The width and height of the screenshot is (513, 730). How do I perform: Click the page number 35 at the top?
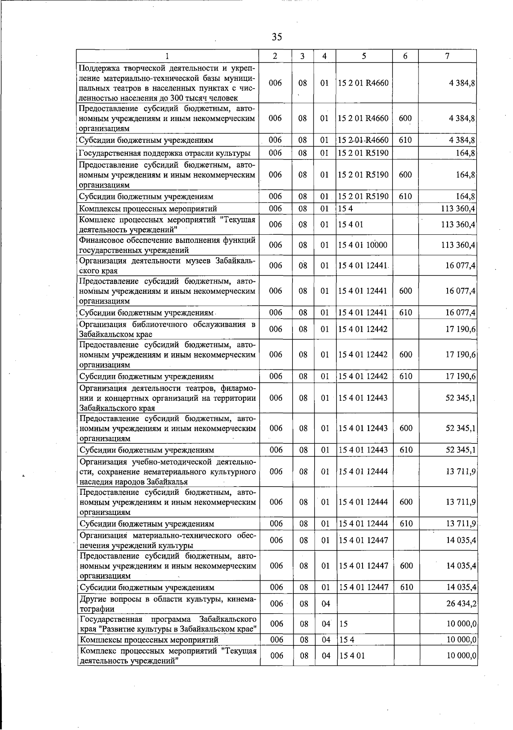pos(277,37)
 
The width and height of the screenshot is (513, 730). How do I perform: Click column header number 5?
pos(363,56)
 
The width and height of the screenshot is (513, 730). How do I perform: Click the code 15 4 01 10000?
pos(363,245)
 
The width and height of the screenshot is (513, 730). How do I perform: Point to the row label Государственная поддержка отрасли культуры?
pos(165,153)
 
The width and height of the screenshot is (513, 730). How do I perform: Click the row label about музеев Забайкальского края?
pos(167,266)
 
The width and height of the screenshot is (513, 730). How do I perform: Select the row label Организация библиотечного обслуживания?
pos(167,329)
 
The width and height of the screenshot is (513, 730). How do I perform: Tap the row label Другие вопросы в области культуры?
pos(167,603)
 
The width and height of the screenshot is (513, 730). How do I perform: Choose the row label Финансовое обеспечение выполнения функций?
pos(167,245)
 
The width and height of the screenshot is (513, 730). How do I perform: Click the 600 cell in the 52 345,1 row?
pos(406,428)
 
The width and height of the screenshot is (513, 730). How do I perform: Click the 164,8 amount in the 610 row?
pos(466,197)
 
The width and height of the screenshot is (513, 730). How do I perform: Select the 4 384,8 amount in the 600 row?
pos(462,118)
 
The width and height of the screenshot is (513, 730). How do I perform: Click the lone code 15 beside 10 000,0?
pos(343,624)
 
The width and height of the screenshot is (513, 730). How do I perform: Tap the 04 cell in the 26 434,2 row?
pos(326,603)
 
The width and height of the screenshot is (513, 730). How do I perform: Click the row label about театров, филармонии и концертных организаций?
pos(167,398)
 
